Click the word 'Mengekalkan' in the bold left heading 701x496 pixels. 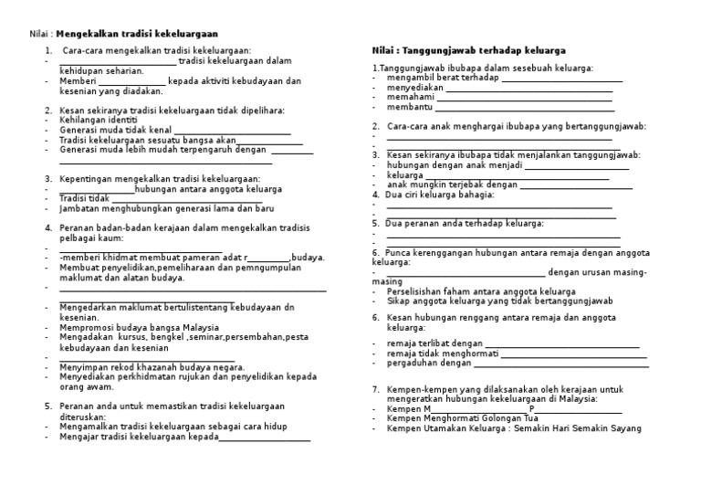tap(89, 35)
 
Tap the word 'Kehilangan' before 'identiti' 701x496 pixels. tap(83, 120)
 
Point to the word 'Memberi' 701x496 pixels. tap(77, 80)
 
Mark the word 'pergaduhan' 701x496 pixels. tap(412, 363)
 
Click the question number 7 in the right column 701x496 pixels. tap(375, 390)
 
